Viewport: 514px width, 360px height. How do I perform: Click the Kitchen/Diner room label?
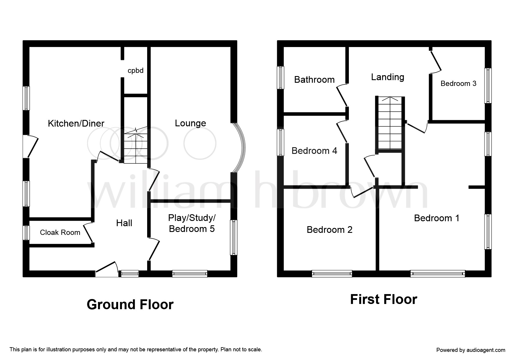tap(76, 123)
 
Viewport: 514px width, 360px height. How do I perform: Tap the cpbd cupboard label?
tap(136, 71)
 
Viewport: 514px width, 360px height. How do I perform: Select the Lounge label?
tap(190, 123)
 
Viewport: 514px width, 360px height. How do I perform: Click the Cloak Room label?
tap(60, 232)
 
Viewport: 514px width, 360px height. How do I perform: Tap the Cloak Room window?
tap(26, 233)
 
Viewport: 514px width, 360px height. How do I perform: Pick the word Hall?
tap(124, 223)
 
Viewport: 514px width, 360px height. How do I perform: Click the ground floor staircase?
tap(136, 148)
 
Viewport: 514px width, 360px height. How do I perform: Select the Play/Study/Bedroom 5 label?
tap(192, 223)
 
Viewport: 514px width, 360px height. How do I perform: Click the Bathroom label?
tap(314, 80)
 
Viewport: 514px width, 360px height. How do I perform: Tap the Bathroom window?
tap(280, 78)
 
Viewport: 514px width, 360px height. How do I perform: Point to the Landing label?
tap(387, 77)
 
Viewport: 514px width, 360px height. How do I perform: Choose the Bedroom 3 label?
tap(458, 84)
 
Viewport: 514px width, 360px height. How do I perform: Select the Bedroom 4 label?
tap(314, 151)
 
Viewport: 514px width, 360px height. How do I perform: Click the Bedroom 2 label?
tap(329, 230)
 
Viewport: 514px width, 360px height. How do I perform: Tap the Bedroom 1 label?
tap(437, 218)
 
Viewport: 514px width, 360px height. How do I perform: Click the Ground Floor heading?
tap(130, 305)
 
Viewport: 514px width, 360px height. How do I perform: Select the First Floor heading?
tap(383, 299)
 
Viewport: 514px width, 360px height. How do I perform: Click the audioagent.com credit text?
tap(471, 350)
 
